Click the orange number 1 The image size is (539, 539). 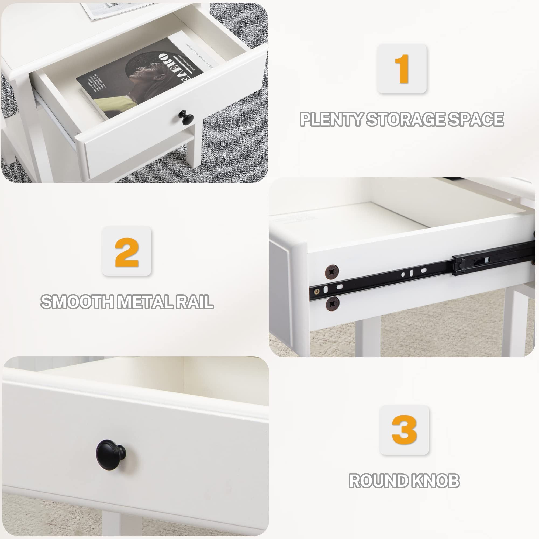pyautogui.click(x=402, y=69)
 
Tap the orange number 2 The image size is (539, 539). pyautogui.click(x=127, y=252)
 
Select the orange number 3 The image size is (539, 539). pyautogui.click(x=404, y=430)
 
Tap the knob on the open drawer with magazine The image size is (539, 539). pyautogui.click(x=184, y=116)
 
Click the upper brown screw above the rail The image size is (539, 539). pyautogui.click(x=332, y=271)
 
